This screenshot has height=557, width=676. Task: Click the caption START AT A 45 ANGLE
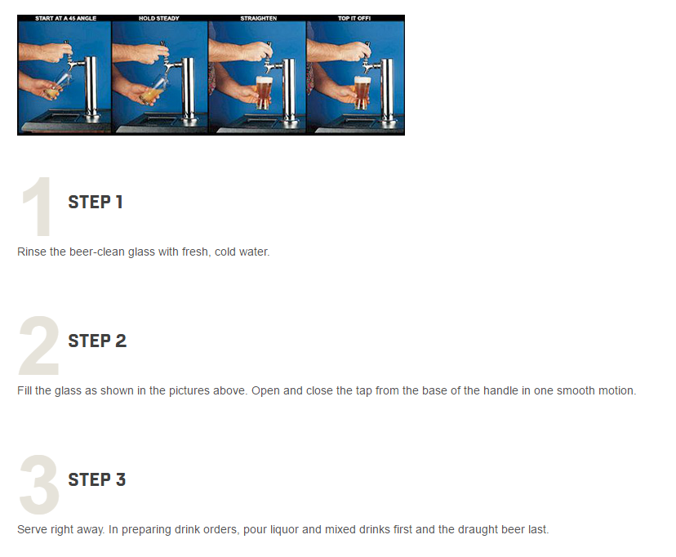click(65, 18)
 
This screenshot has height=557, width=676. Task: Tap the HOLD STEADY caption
click(159, 18)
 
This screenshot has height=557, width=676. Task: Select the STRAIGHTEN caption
click(259, 18)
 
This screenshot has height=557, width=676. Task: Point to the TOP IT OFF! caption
click(354, 18)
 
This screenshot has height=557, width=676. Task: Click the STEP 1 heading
click(96, 203)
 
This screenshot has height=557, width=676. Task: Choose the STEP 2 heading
click(97, 341)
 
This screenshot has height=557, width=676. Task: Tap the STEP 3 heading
click(97, 480)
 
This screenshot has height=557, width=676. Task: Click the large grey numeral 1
click(38, 206)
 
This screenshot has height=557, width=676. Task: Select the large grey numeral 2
click(39, 345)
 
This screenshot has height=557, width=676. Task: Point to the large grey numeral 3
click(39, 484)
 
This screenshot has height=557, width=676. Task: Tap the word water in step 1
click(256, 252)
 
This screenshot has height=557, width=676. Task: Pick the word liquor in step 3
click(284, 530)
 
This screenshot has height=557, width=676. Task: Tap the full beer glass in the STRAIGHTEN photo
click(264, 92)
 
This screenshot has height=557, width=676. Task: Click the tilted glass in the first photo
click(57, 86)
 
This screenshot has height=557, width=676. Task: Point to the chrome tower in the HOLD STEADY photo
click(188, 90)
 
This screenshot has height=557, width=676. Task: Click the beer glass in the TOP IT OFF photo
click(362, 92)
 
